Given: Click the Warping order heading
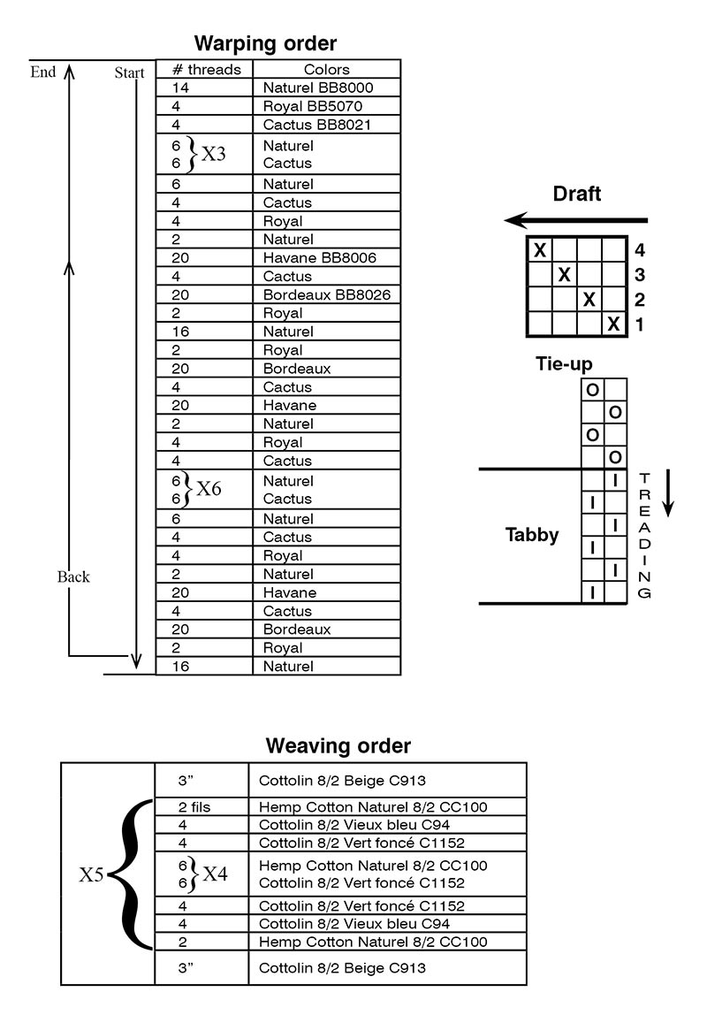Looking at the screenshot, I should click(265, 42).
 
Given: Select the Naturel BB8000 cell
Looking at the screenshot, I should click(318, 88).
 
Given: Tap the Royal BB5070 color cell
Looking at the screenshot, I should click(313, 106).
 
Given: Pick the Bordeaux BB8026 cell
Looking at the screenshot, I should click(327, 294).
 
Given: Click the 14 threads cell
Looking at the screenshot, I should click(180, 88).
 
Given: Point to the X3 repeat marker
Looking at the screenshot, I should click(213, 154).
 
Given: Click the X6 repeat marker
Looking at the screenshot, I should click(209, 489).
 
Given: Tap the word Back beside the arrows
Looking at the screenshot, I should click(73, 576).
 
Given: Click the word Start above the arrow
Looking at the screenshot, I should click(129, 73).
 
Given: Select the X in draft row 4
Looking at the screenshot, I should click(539, 250).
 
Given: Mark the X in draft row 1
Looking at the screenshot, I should click(613, 324).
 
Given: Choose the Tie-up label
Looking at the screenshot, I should click(564, 364).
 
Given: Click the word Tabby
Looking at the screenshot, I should click(532, 534).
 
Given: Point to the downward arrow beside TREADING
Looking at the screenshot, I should click(669, 494).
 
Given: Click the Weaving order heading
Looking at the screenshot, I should click(338, 745).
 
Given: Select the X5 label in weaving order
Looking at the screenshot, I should click(93, 875).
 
